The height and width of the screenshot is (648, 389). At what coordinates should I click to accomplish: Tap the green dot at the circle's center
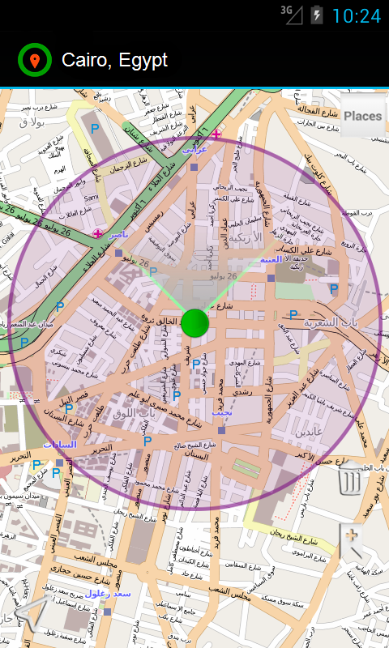[194, 322]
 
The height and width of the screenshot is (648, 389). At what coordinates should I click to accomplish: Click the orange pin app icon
[34, 61]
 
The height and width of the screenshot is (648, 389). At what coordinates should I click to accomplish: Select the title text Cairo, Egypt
[114, 61]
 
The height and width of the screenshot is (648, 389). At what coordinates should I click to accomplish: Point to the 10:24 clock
[356, 15]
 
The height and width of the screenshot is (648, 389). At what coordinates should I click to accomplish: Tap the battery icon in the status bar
[316, 15]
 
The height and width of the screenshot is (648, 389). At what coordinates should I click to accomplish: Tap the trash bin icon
[350, 480]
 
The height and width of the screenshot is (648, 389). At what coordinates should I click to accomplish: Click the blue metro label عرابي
[195, 150]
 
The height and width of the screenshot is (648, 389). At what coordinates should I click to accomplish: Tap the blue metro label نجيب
[221, 412]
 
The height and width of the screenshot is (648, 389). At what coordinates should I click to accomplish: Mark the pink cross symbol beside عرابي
[216, 134]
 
